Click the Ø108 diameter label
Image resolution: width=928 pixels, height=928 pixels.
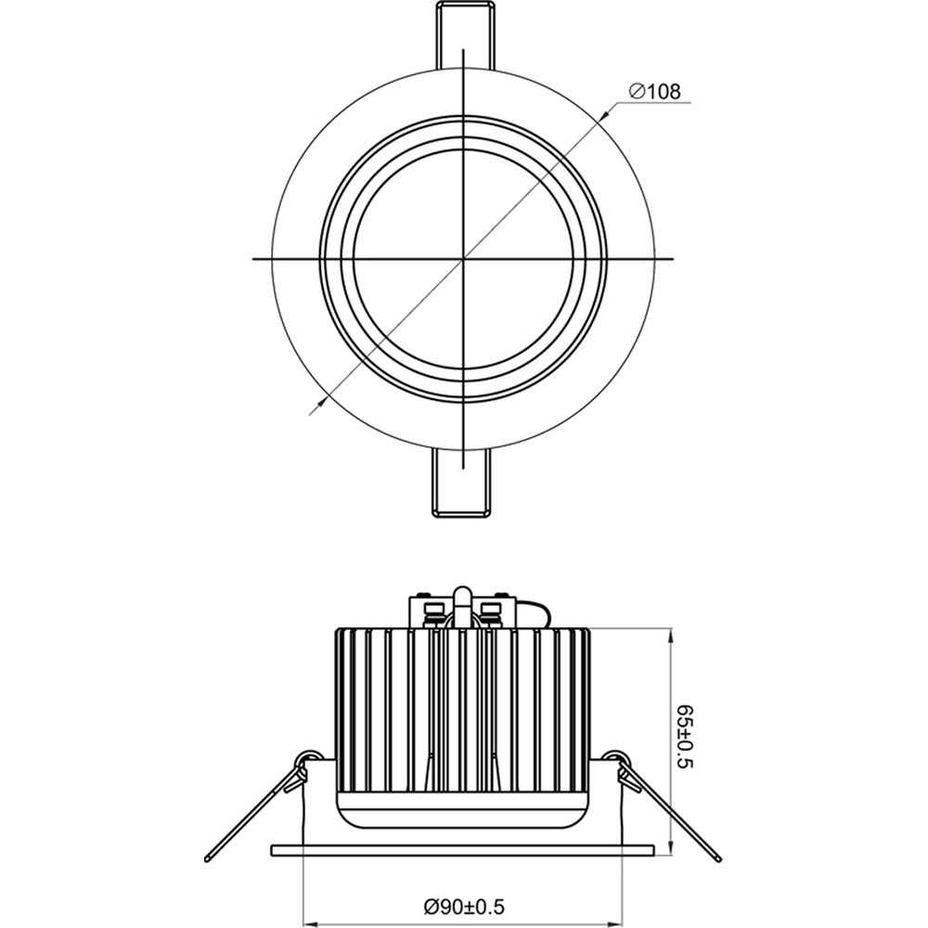click(654, 91)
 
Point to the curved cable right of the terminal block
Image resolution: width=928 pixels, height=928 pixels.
click(538, 612)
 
